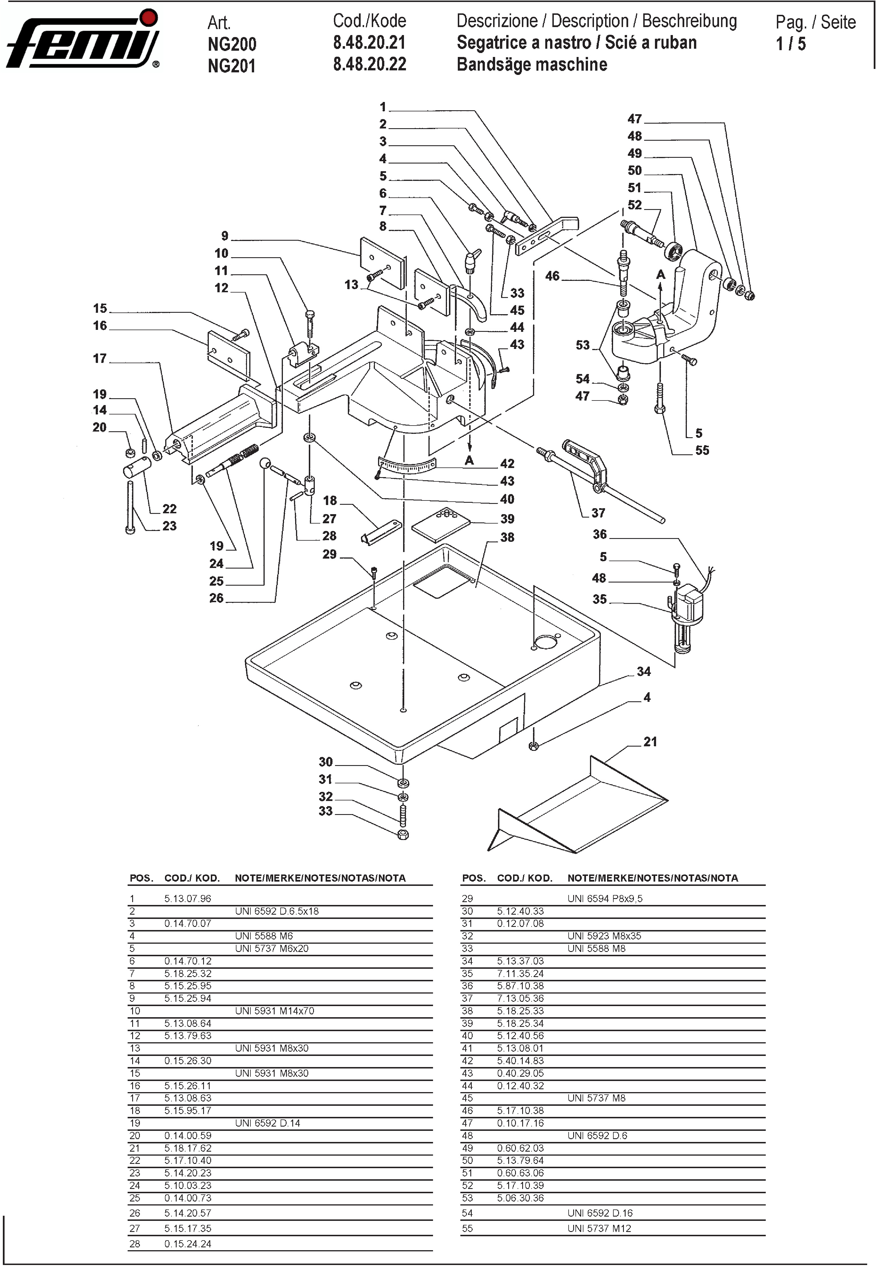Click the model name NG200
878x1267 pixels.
(x=232, y=44)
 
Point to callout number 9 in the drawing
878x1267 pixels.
(x=224, y=236)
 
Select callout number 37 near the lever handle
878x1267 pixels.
(x=598, y=513)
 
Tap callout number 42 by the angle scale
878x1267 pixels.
(x=507, y=463)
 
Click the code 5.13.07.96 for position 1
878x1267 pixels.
(x=187, y=899)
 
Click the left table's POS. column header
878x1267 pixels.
(x=141, y=878)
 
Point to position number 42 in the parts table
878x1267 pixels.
(x=467, y=1060)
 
